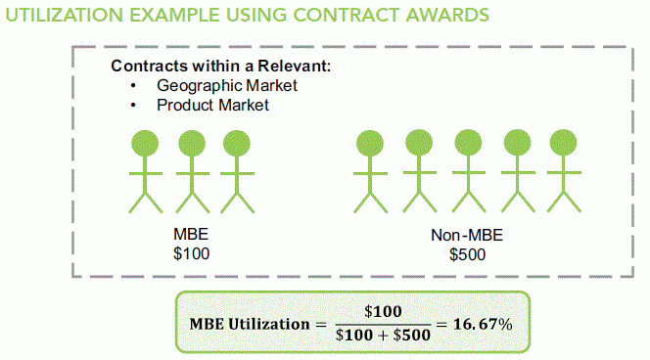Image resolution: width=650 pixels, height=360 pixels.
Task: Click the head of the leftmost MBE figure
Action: point(146,143)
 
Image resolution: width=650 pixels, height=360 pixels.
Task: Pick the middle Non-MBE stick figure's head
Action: point(466,143)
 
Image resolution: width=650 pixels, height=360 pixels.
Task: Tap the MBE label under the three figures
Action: point(191,236)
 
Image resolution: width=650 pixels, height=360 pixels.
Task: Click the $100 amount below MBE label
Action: point(191,254)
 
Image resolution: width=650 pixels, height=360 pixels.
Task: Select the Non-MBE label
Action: point(466,236)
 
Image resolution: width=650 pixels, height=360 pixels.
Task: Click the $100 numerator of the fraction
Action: point(383,312)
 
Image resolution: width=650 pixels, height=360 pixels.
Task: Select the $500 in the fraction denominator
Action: point(411,336)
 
